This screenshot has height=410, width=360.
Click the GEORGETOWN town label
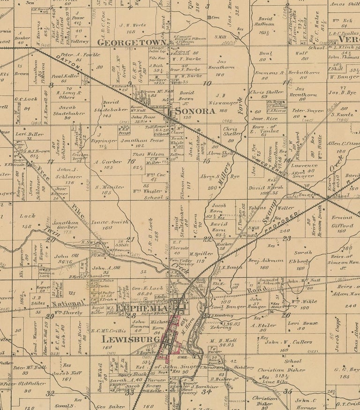point(131,42)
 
